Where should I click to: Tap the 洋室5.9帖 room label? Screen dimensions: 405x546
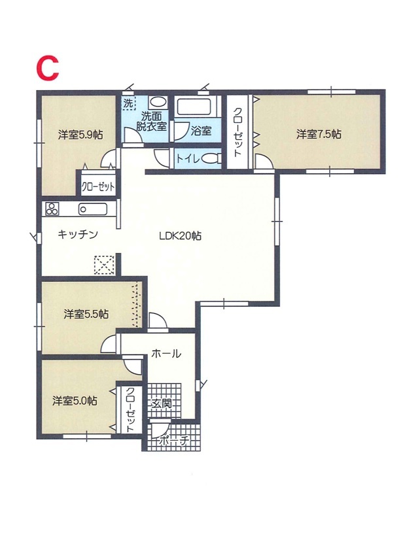[80, 135]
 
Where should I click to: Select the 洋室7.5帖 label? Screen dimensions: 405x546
[319, 134]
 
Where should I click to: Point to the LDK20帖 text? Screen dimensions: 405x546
[180, 236]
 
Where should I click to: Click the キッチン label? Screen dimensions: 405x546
[78, 234]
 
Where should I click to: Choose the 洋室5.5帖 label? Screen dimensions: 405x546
[86, 314]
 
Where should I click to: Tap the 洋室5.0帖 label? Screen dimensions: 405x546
[75, 401]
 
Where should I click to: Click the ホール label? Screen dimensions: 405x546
[166, 354]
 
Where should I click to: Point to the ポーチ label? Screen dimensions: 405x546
[174, 441]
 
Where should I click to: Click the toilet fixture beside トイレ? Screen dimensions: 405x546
[211, 159]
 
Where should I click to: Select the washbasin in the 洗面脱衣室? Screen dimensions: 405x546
[158, 103]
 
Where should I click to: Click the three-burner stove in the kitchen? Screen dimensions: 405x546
[52, 209]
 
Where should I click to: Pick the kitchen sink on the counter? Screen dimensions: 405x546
[93, 209]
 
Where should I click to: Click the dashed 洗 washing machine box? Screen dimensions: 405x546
[129, 103]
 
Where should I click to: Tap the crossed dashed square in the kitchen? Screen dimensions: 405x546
[104, 265]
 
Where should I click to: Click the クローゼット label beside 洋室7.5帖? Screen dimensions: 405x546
[237, 132]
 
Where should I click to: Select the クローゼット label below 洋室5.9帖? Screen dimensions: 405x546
[98, 187]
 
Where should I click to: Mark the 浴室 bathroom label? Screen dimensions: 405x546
[201, 131]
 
